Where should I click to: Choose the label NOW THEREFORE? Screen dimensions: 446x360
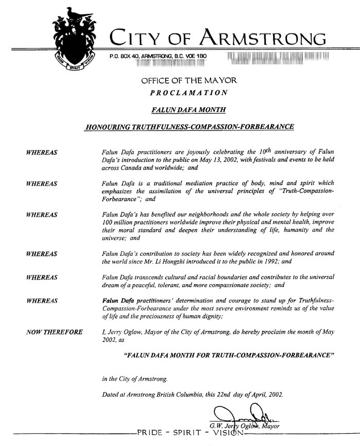(x=54, y=332)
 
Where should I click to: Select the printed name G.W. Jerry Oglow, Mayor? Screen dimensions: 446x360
(x=244, y=426)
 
